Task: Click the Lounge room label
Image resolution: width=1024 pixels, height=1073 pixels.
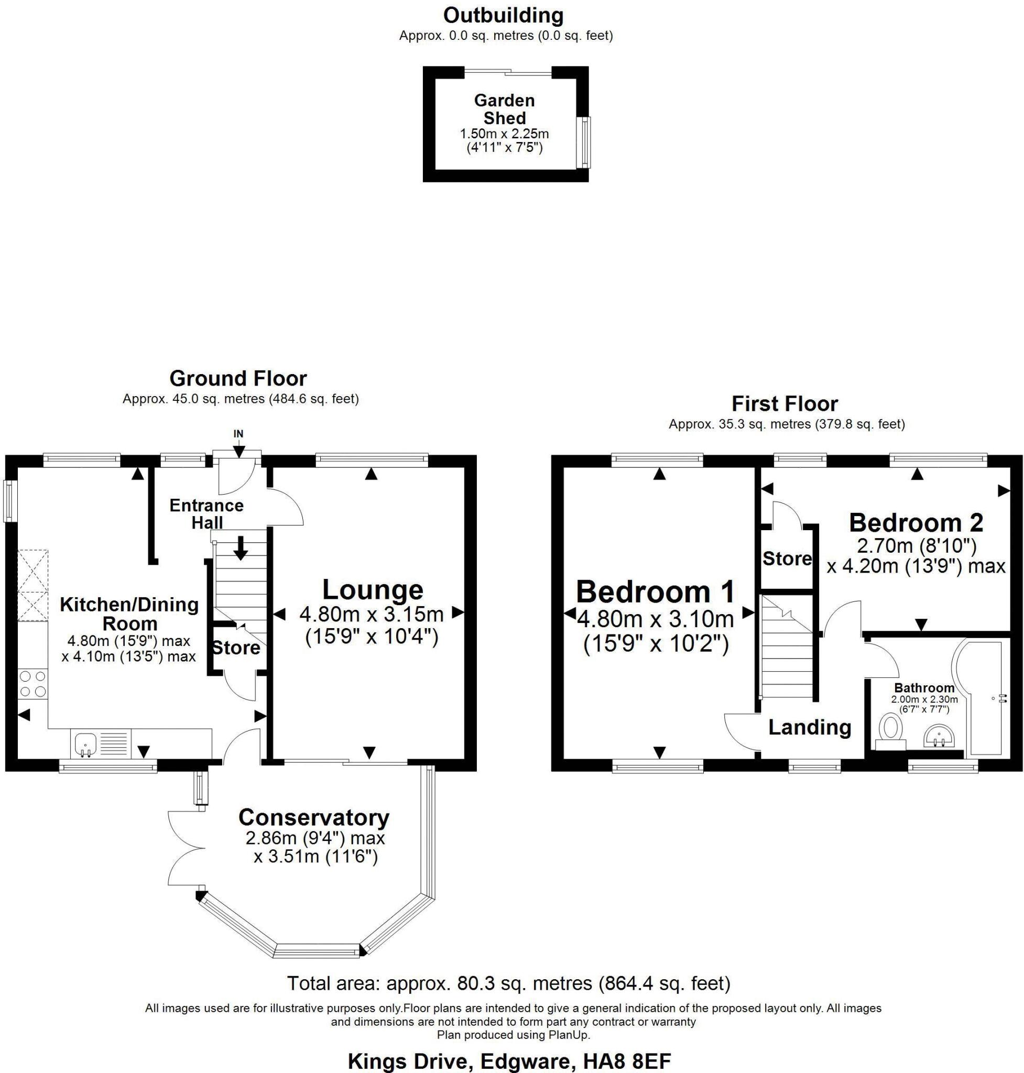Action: click(x=372, y=590)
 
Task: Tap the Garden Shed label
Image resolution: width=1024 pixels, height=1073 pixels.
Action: click(x=504, y=109)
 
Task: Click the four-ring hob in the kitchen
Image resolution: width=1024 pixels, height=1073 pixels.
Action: click(x=32, y=684)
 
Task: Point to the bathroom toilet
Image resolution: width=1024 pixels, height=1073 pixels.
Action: click(x=891, y=732)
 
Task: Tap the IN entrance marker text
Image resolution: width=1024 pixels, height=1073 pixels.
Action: click(x=238, y=434)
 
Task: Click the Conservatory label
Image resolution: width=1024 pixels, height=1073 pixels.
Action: click(x=314, y=817)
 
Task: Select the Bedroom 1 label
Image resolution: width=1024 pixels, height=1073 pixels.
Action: click(x=655, y=592)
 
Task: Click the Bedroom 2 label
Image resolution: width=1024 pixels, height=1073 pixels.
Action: click(x=916, y=522)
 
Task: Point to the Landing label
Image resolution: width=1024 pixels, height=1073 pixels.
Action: click(x=810, y=727)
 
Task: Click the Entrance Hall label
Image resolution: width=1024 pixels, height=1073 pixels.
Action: click(x=206, y=513)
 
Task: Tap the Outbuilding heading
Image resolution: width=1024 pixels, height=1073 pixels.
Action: click(x=503, y=15)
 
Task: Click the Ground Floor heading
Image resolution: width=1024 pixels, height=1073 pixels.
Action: click(x=238, y=378)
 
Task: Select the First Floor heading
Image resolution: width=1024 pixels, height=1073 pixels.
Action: click(x=785, y=404)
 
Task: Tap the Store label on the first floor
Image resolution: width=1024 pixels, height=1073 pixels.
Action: click(x=787, y=559)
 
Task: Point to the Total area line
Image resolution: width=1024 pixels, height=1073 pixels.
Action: click(x=509, y=983)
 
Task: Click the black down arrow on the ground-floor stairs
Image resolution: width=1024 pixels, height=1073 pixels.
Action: click(x=240, y=549)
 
